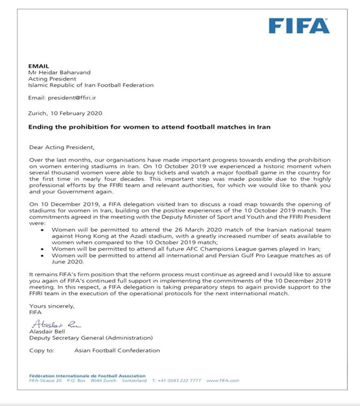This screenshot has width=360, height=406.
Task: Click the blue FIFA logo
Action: pyautogui.click(x=299, y=26)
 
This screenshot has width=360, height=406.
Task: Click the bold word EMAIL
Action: pyautogui.click(x=39, y=66)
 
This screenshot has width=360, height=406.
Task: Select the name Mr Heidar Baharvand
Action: pyautogui.click(x=59, y=72)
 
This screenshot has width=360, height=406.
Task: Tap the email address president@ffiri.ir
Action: pyautogui.click(x=72, y=98)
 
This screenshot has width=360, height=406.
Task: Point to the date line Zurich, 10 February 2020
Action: pyautogui.click(x=65, y=113)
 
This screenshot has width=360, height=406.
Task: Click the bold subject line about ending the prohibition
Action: pyautogui.click(x=149, y=127)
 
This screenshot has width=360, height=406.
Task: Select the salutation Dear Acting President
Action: pyautogui.click(x=62, y=147)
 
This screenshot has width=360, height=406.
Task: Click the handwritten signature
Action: pyautogui.click(x=56, y=324)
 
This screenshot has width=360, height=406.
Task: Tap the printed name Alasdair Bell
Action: pyautogui.click(x=47, y=331)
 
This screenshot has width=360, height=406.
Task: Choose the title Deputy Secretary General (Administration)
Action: pyautogui.click(x=91, y=338)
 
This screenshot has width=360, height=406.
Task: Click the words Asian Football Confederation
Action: pyautogui.click(x=117, y=350)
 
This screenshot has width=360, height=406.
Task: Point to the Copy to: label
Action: pyautogui.click(x=42, y=350)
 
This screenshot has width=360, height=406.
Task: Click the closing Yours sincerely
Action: pyautogui.click(x=52, y=306)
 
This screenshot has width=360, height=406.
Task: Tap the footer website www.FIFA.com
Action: pyautogui.click(x=223, y=380)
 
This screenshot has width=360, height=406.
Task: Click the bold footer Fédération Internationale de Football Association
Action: pyautogui.click(x=87, y=376)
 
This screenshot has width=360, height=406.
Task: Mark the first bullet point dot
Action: pyautogui.click(x=42, y=230)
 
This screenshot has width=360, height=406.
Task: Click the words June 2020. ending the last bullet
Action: pyautogui.click(x=68, y=262)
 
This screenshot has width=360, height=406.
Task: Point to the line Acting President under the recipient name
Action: pyautogui.click(x=52, y=79)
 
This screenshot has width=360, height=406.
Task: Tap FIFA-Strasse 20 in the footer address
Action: pyautogui.click(x=45, y=380)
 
